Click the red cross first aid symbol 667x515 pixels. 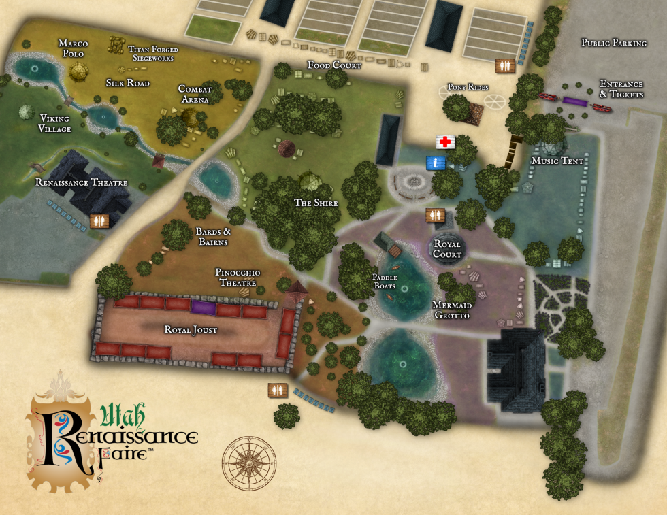click(x=445, y=142)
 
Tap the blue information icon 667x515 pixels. click(x=436, y=163)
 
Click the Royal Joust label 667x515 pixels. click(x=191, y=330)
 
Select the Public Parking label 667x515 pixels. click(x=613, y=43)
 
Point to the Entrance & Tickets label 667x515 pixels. click(x=621, y=89)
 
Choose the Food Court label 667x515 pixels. click(x=334, y=65)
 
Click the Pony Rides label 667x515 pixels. click(x=468, y=88)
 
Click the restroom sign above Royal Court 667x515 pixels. click(x=435, y=215)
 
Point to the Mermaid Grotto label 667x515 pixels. click(x=452, y=310)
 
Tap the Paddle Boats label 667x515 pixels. click(x=384, y=282)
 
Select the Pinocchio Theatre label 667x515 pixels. click(x=238, y=278)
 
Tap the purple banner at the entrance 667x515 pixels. click(x=575, y=101)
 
